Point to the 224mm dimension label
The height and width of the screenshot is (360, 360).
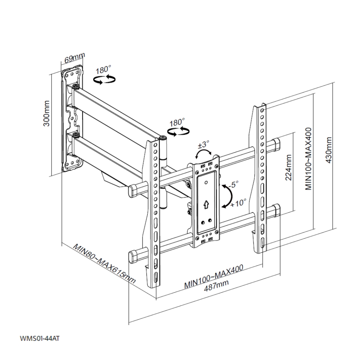(x=288, y=168)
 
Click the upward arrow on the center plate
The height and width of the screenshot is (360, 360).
(x=206, y=204)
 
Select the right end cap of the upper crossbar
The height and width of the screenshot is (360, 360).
(x=276, y=144)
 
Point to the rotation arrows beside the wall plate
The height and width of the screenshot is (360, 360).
(x=104, y=80)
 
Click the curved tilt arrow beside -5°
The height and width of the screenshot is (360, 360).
(x=228, y=196)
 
